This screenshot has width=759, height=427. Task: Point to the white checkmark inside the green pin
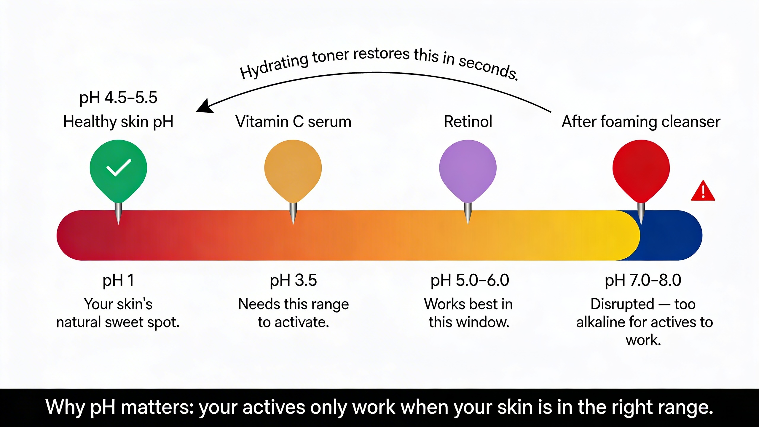point(119,168)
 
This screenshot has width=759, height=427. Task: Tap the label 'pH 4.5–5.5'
point(118,98)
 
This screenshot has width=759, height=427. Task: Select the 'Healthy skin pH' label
point(118,122)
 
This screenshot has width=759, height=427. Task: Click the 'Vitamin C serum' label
point(293,122)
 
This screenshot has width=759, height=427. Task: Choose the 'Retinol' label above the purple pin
point(468,122)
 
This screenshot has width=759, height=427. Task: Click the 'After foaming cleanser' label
point(641,122)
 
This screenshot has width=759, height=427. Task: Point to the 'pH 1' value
point(118,281)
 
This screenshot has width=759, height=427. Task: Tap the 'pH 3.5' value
point(293,281)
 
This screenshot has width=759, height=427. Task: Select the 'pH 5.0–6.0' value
point(470,281)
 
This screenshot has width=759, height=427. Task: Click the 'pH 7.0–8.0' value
point(643,281)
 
